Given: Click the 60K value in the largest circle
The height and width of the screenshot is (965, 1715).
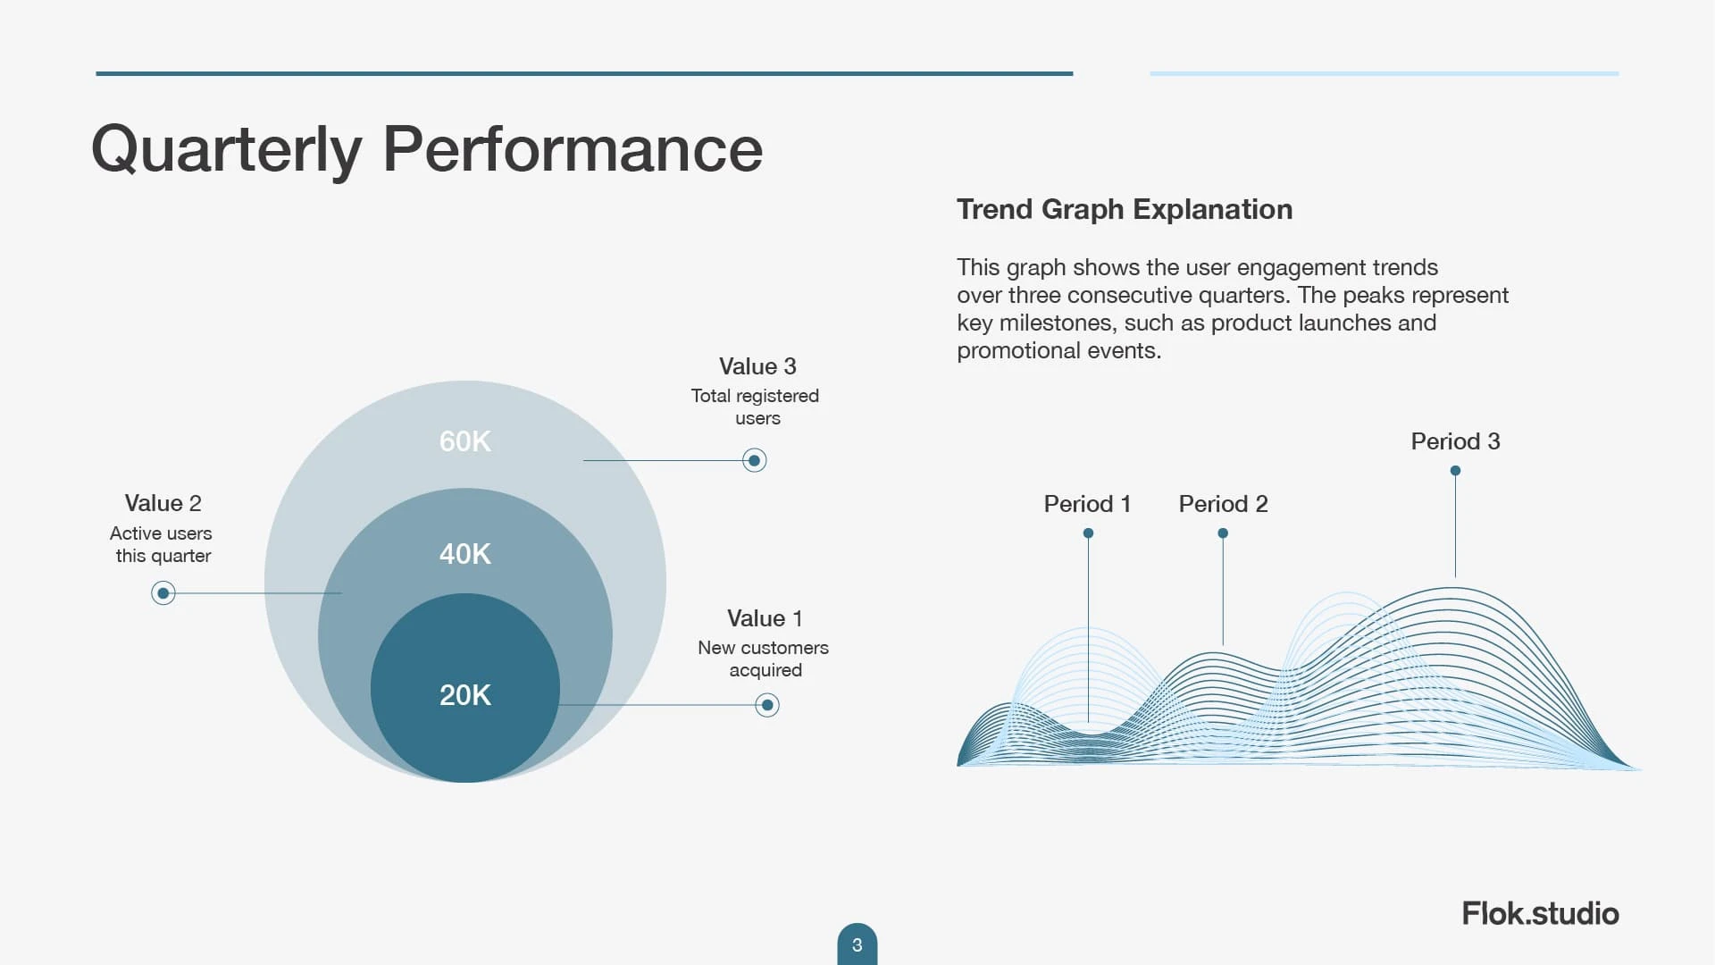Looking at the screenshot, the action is pos(464,441).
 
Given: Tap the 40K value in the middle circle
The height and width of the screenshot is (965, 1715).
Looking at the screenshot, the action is pos(464,554).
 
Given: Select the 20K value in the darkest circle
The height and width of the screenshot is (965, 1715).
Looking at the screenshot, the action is pos(464,695).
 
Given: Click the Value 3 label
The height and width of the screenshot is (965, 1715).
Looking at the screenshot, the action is pos(757,366).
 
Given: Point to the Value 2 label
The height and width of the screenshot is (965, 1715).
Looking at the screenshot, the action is pos(163,503).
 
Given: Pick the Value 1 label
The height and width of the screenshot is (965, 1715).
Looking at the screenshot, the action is pos(765,618).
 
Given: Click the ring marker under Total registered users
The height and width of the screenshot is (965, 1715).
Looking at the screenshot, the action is pos(755,461).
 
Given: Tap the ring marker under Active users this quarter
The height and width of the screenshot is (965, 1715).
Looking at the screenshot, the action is pos(163,593).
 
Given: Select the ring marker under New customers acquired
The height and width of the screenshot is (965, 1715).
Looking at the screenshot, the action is pos(767,706).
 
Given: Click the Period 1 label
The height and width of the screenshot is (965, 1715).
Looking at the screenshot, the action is pos(1087,504).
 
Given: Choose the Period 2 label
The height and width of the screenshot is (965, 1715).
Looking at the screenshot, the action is pos(1223,504).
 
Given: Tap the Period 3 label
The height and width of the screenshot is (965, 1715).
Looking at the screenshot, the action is pos(1455,441).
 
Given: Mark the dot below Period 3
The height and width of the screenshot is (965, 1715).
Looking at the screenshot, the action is pos(1455,471).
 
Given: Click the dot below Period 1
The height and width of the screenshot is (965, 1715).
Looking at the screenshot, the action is pos(1088,533).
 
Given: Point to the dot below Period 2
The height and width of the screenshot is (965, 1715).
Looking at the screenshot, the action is pos(1223,533).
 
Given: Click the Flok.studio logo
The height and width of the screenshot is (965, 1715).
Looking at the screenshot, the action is pos(1540,913).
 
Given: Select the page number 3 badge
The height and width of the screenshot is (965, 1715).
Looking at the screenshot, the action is pos(857,944).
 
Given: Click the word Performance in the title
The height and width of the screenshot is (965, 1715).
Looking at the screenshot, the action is pos(573,148).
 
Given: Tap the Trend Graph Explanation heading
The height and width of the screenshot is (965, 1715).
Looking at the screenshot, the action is pos(1125,209).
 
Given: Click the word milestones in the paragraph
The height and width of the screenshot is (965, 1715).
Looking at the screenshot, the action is pos(1058,323).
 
